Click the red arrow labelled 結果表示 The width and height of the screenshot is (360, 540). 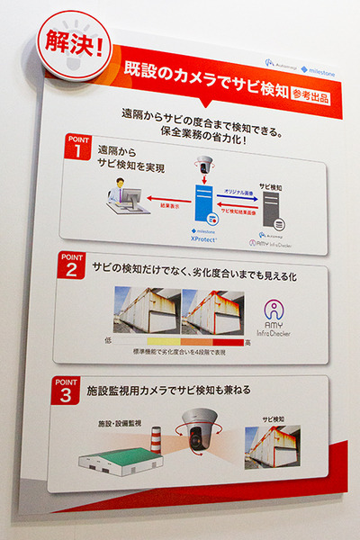pyautogui.click(x=161, y=202)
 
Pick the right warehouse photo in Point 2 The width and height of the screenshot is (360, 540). pyautogui.click(x=212, y=310)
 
